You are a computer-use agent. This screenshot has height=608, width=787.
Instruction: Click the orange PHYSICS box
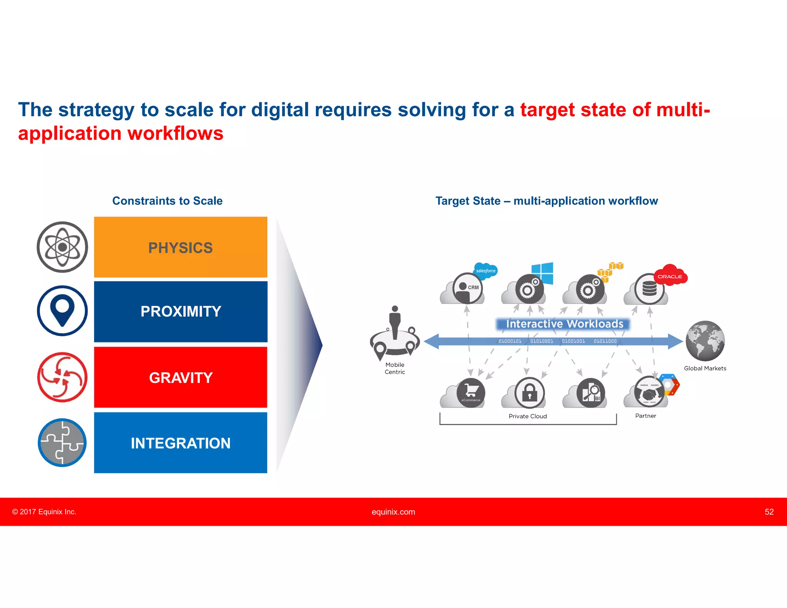(x=180, y=247)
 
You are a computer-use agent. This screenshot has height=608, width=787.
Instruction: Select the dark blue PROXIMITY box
(x=180, y=311)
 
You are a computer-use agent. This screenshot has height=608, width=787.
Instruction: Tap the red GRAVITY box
(x=180, y=377)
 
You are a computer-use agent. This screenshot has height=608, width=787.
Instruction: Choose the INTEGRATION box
(x=180, y=443)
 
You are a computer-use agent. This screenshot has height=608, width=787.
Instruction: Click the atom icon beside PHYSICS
(x=62, y=247)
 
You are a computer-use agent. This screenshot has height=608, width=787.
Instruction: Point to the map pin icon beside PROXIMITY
(x=62, y=311)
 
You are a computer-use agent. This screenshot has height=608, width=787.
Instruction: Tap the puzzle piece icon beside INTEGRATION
(x=62, y=443)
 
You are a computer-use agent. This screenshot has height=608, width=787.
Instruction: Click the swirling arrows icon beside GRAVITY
(x=62, y=377)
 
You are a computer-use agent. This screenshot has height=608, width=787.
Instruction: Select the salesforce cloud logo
(x=485, y=271)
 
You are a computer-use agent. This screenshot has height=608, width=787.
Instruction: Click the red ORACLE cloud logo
(x=670, y=276)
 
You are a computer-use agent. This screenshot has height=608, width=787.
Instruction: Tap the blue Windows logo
(x=542, y=273)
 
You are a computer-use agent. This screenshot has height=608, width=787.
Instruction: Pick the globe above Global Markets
(x=705, y=341)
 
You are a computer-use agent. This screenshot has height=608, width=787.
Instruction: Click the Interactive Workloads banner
(x=564, y=324)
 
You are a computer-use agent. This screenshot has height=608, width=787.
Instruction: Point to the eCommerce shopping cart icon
(x=471, y=392)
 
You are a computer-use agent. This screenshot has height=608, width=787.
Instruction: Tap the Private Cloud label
(x=527, y=416)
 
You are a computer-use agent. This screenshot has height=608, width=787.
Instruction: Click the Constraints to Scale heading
(x=167, y=201)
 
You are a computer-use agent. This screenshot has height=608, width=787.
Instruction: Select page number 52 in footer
(x=769, y=512)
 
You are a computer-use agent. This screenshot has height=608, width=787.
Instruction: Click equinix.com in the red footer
(x=393, y=512)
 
